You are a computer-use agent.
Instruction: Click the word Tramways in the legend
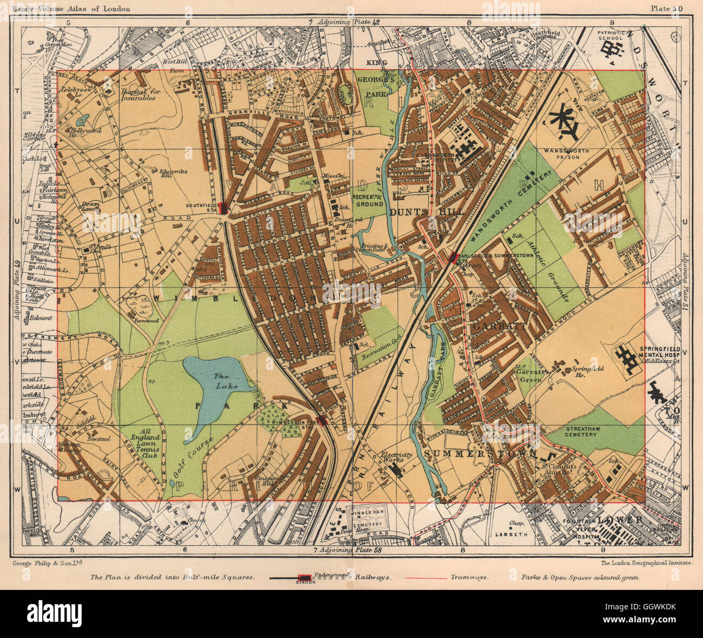tap(469, 577)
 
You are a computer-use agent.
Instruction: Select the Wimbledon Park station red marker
tap(323, 420)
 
